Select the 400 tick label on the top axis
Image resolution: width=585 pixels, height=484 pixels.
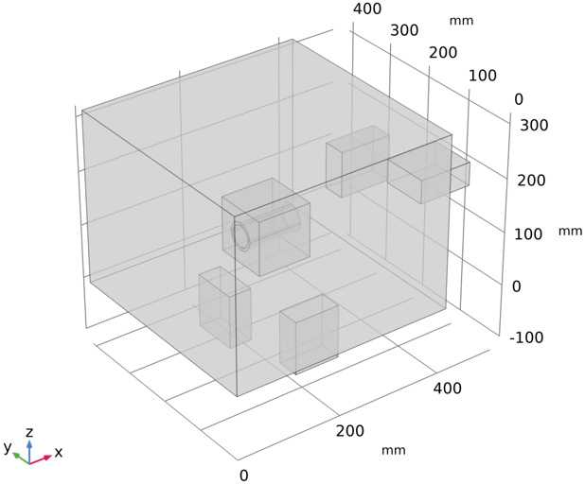point(366,9)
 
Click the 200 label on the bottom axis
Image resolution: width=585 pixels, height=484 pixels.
point(350,431)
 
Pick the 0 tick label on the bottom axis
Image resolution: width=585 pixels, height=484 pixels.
point(243,475)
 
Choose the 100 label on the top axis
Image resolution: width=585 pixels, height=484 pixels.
point(483,76)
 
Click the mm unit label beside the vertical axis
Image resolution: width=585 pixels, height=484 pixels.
point(570,231)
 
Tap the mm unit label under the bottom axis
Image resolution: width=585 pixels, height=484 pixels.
point(393,450)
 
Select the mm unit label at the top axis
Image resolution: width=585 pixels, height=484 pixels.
point(462,20)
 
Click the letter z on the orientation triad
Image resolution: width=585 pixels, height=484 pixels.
point(29,432)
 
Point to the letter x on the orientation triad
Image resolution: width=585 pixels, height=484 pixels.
point(59,453)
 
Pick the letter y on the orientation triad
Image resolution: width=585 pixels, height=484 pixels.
point(8,446)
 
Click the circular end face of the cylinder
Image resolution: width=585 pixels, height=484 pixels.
point(243,236)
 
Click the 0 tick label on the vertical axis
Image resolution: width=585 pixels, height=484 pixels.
point(517,285)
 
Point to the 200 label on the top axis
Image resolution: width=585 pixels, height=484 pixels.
point(443,52)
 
